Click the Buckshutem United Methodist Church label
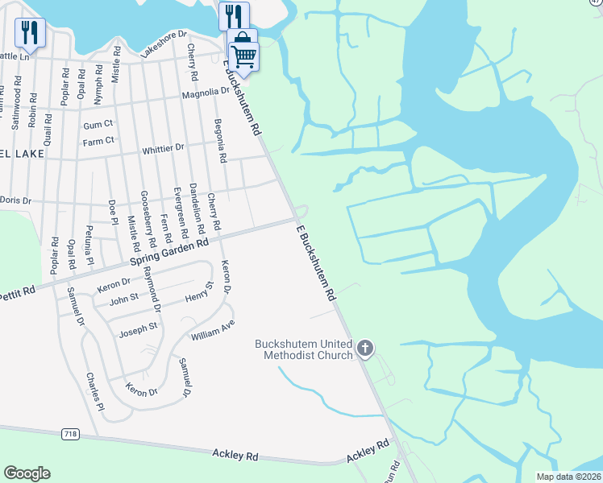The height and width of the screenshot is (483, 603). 304,349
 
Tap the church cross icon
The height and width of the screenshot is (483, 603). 364,349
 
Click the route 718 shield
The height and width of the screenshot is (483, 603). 70,434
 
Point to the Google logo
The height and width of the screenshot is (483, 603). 27,473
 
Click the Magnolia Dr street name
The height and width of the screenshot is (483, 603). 205,93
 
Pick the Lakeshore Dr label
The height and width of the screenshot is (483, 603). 164,45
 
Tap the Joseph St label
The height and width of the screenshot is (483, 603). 138,328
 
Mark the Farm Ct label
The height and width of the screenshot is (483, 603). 98,141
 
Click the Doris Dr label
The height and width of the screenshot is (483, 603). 15,200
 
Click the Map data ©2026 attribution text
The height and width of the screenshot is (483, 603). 568,477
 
